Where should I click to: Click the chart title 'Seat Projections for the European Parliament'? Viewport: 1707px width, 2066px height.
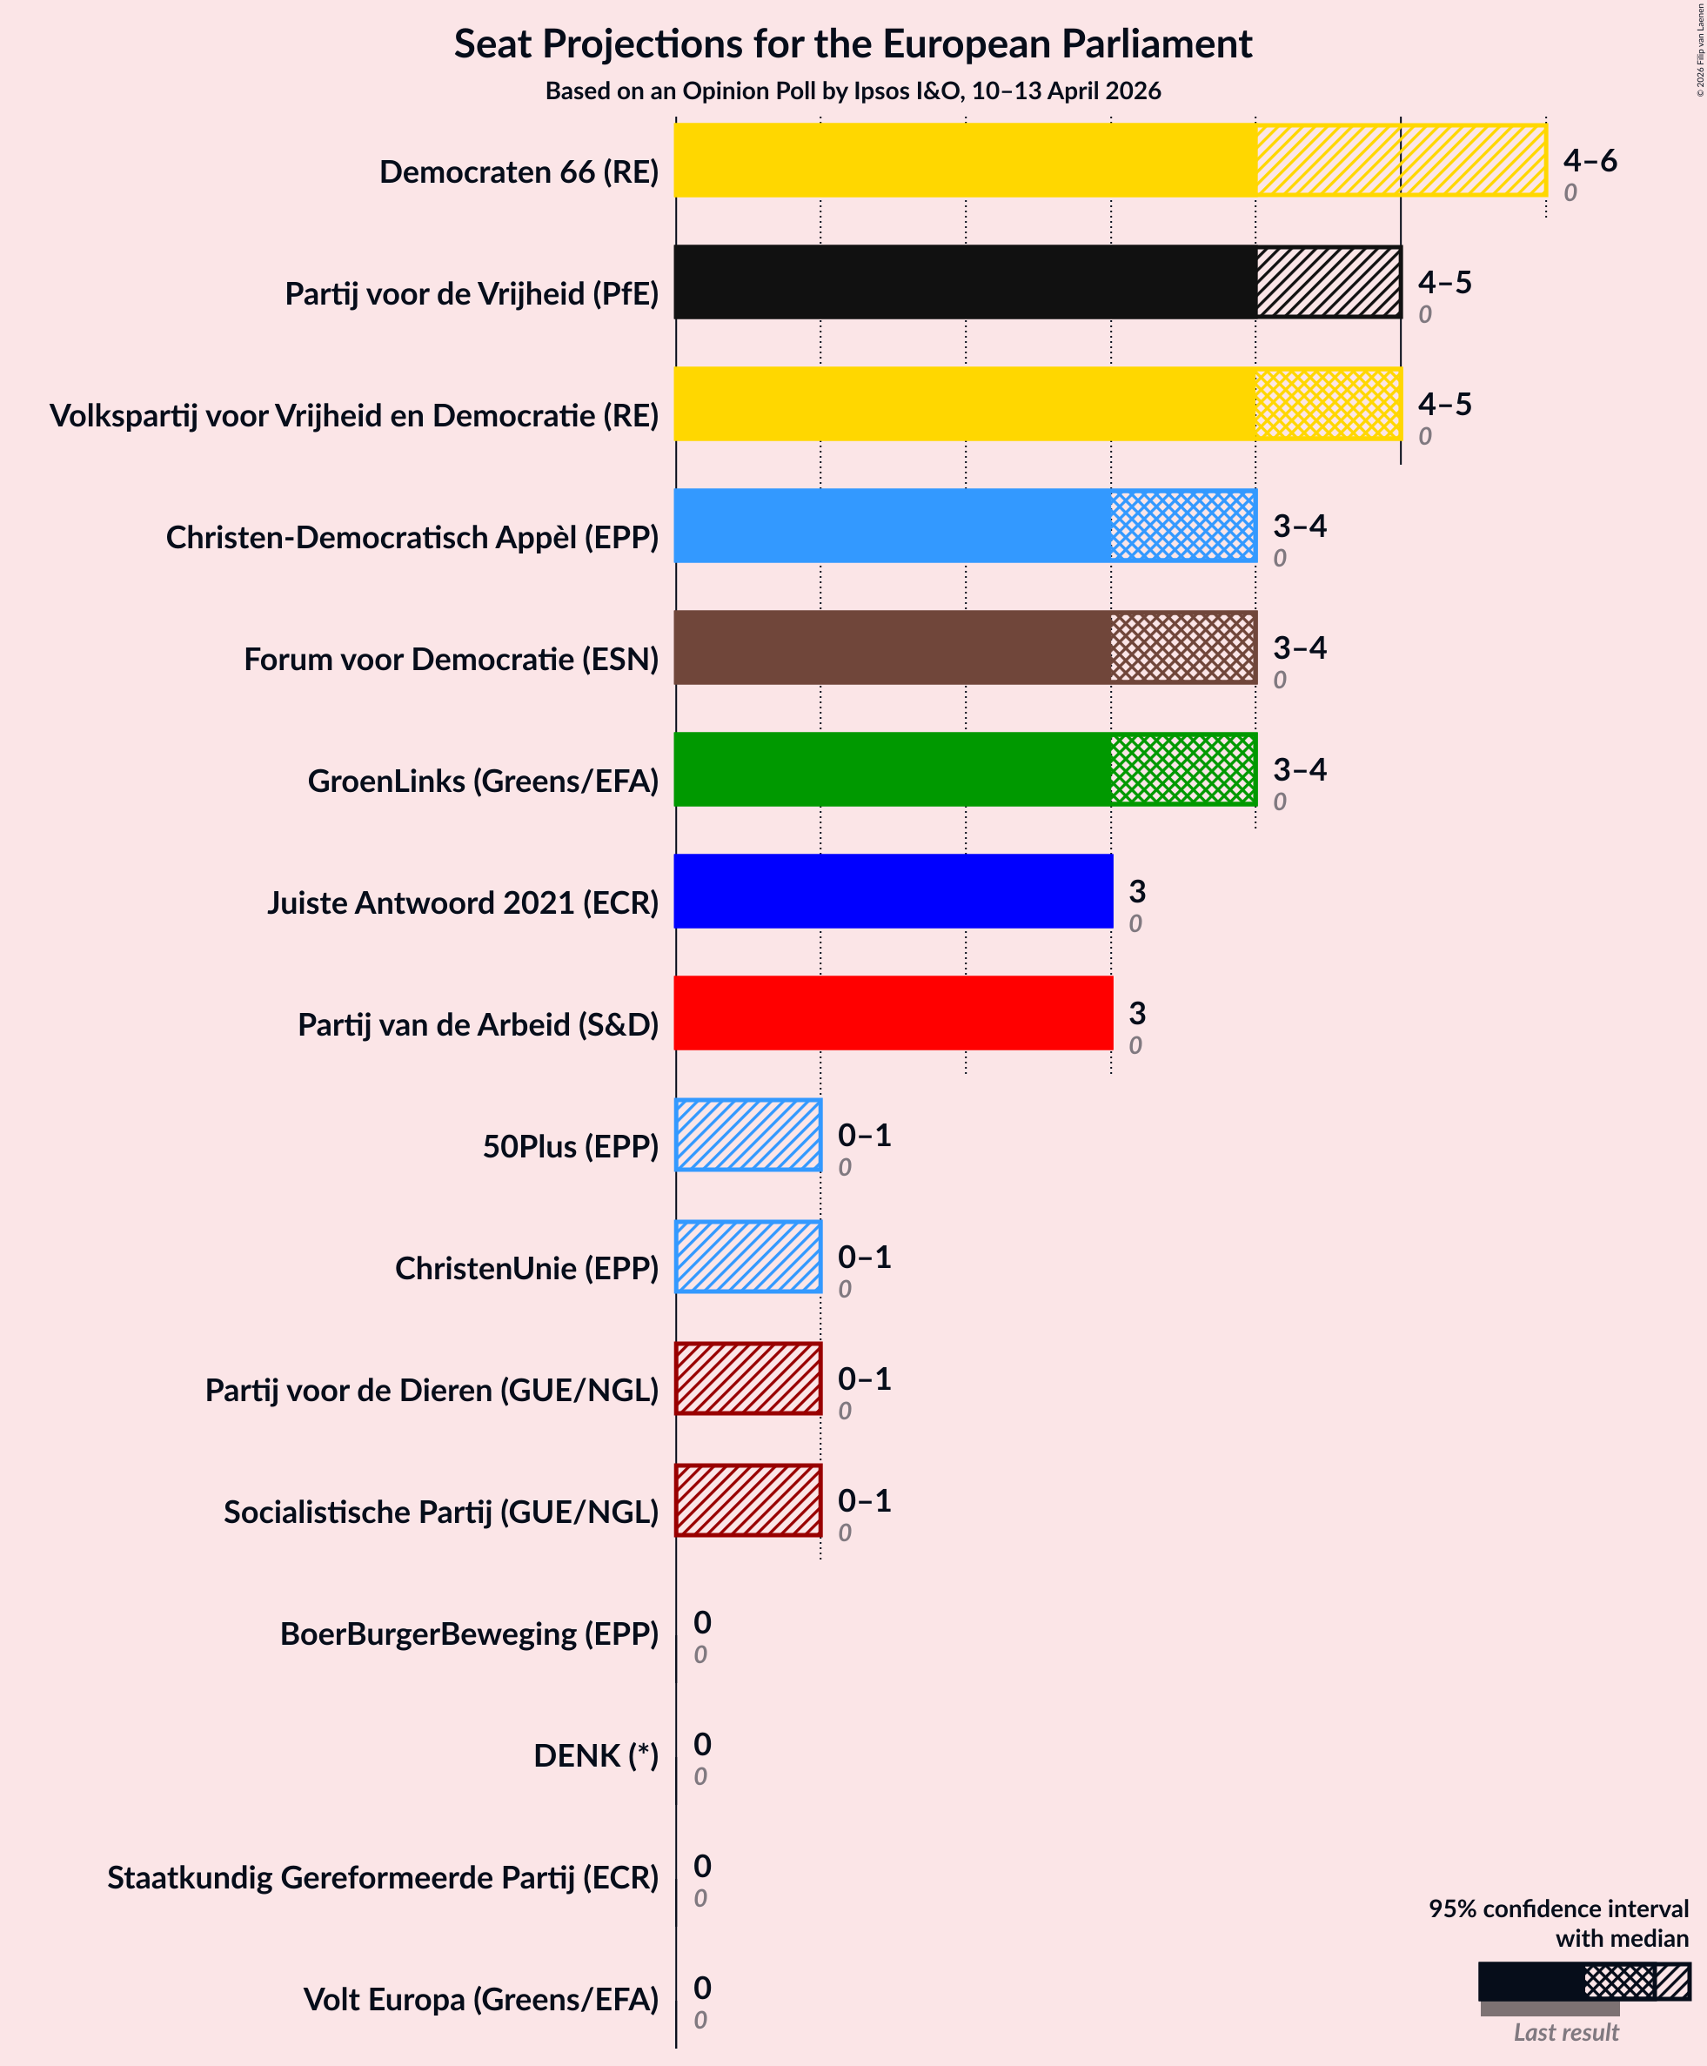point(853,45)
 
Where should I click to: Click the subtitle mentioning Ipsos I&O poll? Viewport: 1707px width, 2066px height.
point(853,91)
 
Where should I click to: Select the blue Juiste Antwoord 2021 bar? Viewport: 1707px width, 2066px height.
point(893,891)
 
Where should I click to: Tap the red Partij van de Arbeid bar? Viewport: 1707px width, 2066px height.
point(893,1013)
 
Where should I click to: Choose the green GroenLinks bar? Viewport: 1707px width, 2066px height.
point(965,769)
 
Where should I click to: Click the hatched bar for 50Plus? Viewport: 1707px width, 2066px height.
point(748,1135)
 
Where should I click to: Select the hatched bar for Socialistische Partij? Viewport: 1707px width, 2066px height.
point(748,1500)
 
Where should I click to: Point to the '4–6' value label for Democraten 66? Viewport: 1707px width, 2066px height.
point(1589,160)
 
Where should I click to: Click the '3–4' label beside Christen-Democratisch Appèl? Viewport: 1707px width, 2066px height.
point(1299,527)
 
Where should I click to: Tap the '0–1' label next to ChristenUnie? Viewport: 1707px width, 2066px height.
point(863,1257)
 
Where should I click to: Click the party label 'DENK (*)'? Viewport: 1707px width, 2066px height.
point(596,1755)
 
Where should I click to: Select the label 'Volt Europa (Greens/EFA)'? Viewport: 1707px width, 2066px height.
point(481,1999)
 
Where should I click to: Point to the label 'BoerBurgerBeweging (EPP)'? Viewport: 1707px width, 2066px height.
point(469,1633)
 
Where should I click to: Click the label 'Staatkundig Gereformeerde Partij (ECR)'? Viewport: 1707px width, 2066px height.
point(383,1877)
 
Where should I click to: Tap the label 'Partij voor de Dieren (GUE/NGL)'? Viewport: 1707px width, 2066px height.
point(432,1390)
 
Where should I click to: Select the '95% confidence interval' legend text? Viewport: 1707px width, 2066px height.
point(1557,1908)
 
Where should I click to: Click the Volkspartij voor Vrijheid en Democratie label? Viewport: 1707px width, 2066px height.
point(354,415)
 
